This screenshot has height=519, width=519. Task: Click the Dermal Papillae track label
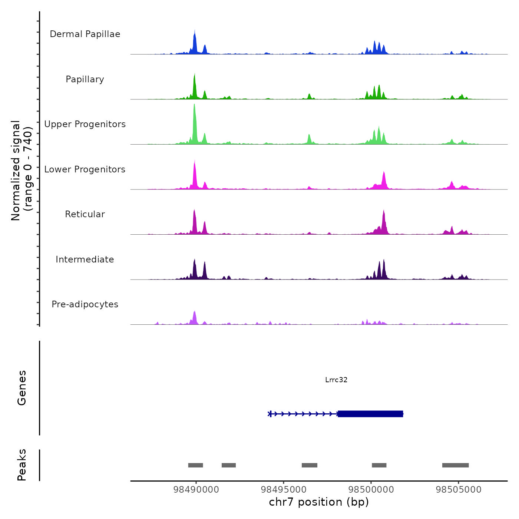coord(85,34)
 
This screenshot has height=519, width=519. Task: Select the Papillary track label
coord(85,79)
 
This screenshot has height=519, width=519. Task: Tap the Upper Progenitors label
coord(85,124)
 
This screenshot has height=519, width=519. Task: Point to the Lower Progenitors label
coord(85,169)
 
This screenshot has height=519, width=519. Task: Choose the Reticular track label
coord(85,214)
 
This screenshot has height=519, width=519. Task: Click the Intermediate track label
coord(85,259)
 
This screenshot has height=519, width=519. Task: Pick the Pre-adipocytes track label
coord(85,304)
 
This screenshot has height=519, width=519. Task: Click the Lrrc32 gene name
coord(336,380)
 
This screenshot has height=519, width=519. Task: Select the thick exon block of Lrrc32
coord(370,414)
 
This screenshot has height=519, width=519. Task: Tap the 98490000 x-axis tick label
coord(196,490)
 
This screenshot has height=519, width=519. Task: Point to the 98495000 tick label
coord(284,490)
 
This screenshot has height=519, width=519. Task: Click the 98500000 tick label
coord(371,490)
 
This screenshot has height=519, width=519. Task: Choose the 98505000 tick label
coord(459,490)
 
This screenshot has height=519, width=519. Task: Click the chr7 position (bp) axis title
coord(319,502)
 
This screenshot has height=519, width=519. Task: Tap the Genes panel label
coord(22,388)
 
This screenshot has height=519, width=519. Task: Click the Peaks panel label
coord(22,465)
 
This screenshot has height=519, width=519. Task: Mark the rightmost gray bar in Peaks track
coord(455,465)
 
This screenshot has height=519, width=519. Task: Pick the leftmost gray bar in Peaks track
coord(195,465)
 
